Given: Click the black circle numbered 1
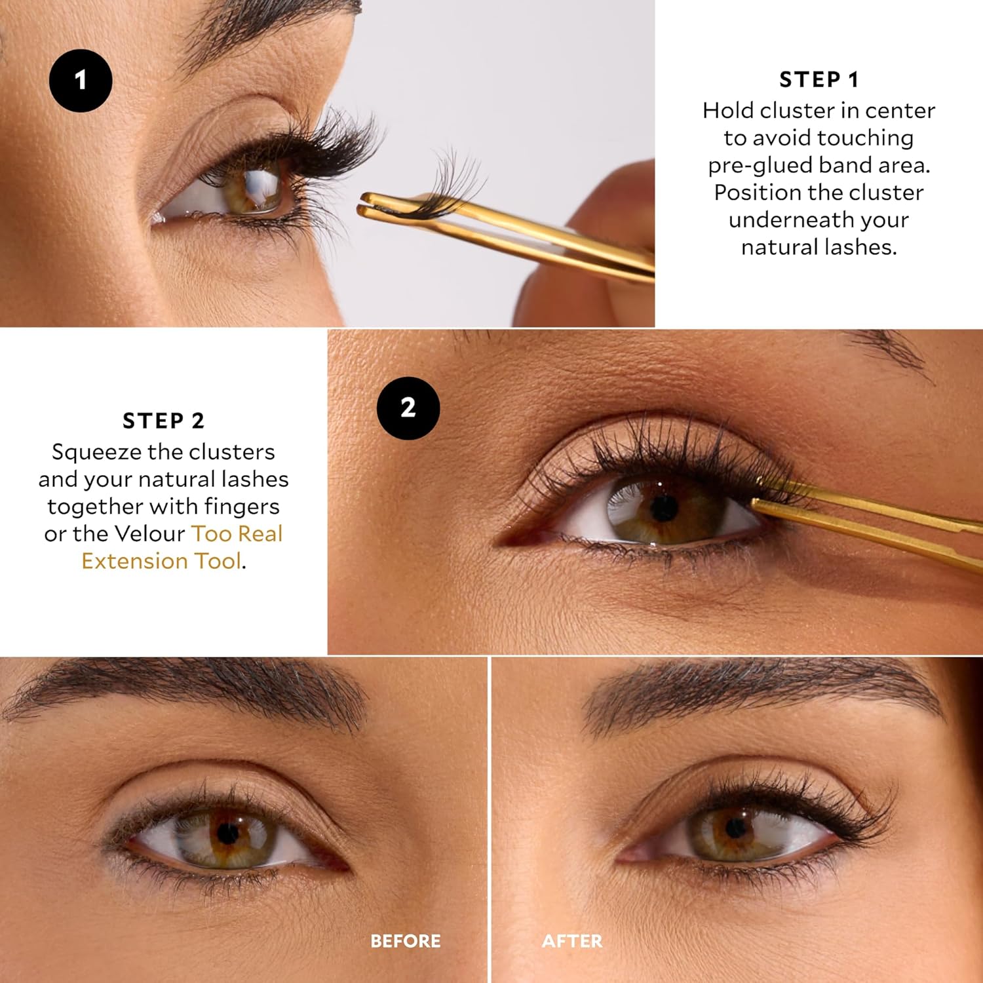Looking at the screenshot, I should [81, 81].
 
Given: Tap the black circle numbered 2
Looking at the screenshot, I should [408, 408].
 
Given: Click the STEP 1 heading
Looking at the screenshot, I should [819, 80].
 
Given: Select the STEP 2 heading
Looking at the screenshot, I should [163, 421].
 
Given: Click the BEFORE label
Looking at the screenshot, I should [405, 941].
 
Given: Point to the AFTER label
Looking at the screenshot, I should [571, 941].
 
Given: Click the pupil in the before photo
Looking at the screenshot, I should [227, 834].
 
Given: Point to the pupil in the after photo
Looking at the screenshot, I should [735, 828].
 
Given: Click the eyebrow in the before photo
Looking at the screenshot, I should [197, 688].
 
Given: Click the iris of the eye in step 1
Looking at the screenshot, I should [252, 187].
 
